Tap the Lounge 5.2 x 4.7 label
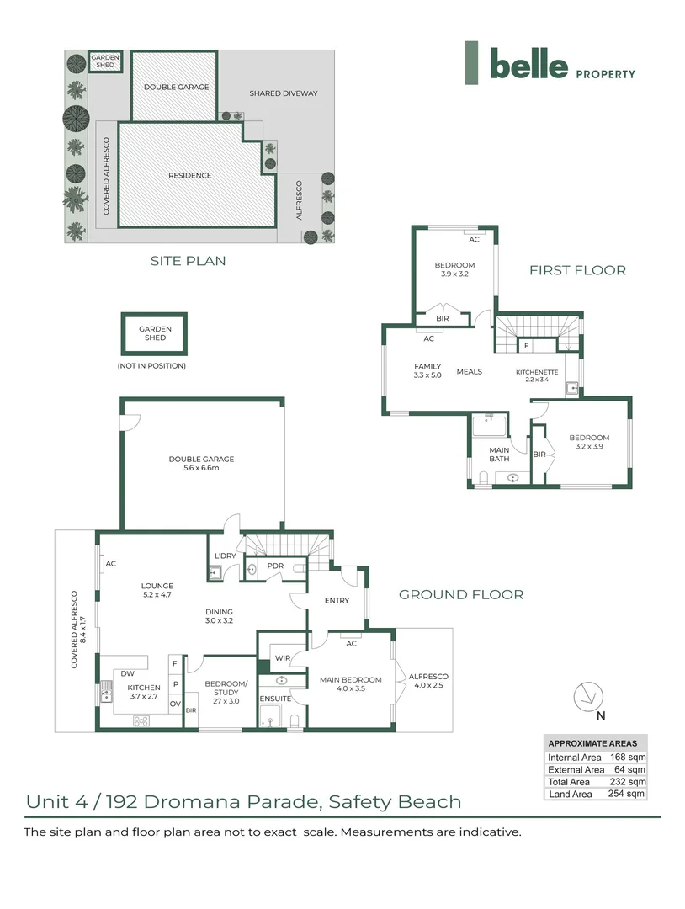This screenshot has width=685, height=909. (x=157, y=590)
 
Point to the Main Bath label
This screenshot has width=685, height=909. (x=499, y=454)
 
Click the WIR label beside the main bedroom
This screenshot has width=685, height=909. (x=283, y=658)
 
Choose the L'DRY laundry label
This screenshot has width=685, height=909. (x=226, y=555)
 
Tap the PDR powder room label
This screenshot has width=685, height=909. (x=275, y=566)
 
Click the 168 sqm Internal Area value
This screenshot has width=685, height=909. (x=628, y=757)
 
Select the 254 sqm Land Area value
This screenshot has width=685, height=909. (x=626, y=794)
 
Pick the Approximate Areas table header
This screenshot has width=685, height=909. (x=592, y=743)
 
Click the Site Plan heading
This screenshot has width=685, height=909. (x=188, y=261)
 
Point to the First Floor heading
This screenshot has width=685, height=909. (x=577, y=270)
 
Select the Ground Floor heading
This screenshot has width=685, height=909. (x=460, y=594)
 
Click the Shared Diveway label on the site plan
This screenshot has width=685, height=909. (x=284, y=93)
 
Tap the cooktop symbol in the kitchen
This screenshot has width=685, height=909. (x=141, y=721)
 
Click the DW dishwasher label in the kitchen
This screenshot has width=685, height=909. (x=128, y=673)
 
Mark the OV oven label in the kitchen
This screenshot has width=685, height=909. (x=175, y=704)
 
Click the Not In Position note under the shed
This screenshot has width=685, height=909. (x=151, y=366)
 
